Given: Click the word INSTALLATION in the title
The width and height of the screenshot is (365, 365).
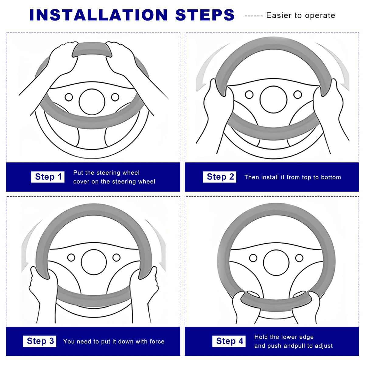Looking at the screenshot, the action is tap(98, 15).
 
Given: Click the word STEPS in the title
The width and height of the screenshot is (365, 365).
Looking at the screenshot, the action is tap(205, 15).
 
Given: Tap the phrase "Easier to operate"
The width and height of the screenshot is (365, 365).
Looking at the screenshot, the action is tap(301, 16).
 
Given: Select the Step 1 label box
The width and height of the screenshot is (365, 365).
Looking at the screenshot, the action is tap(48, 177).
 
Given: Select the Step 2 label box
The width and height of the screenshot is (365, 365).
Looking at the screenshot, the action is tap(220, 177).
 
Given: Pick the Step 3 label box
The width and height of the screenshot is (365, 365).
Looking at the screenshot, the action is tap(40, 341).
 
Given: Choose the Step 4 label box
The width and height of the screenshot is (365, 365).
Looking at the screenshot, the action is tap(229, 341).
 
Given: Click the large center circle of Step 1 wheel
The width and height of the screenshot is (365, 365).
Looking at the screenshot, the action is tap(92, 102).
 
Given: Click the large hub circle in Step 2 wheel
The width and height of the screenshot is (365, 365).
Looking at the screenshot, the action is tap(273, 99).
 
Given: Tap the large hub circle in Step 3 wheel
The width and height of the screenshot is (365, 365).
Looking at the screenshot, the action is tap(94, 262).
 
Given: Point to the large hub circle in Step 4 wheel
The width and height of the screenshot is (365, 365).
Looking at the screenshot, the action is tap(276, 263).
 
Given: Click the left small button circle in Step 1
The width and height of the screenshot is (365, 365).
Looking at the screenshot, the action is tap(69, 97).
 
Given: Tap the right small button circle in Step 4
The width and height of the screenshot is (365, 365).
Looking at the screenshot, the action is tap(299, 258).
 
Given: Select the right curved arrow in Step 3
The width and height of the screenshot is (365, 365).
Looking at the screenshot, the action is tap(158, 244).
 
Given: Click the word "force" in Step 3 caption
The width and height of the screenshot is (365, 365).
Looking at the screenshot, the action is tap(157, 341).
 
